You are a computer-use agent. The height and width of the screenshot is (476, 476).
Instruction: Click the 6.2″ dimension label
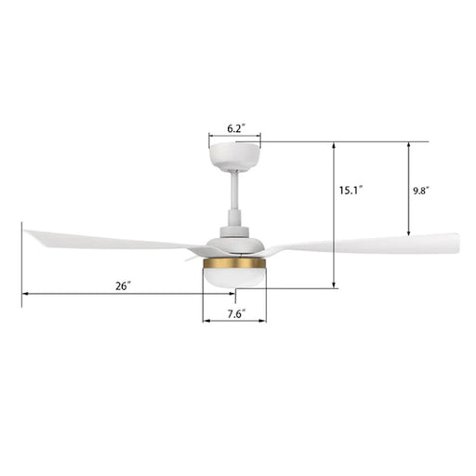[234, 128]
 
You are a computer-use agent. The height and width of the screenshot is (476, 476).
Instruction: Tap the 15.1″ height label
[350, 190]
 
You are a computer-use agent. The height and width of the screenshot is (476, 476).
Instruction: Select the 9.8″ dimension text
[421, 190]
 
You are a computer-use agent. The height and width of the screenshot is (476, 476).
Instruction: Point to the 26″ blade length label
[123, 285]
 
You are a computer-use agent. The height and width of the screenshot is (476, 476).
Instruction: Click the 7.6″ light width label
[235, 314]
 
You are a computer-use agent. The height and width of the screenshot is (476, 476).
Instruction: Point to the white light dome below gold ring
[234, 278]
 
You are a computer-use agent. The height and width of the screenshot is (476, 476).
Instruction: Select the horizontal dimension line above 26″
[112, 295]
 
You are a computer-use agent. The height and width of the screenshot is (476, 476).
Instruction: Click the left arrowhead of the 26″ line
[24, 295]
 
